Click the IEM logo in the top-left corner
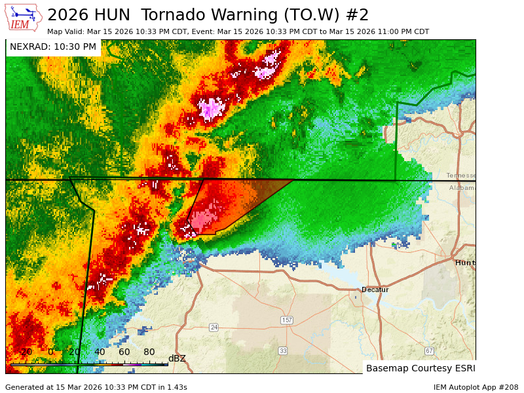tap(24, 17)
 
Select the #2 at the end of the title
tap(358, 15)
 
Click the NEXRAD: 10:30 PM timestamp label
tap(53, 47)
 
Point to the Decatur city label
tap(375, 290)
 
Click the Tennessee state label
tap(460, 176)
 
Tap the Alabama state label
tap(462, 188)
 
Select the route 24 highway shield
tap(214, 327)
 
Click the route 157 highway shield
tap(286, 320)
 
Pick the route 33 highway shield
tap(282, 350)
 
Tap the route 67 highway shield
tap(429, 350)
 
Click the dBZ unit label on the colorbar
tap(177, 358)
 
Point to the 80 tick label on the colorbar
tap(149, 352)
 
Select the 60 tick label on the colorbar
tap(124, 352)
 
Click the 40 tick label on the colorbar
tap(100, 352)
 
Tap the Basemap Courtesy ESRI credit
tap(420, 368)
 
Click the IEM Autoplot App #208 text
tap(476, 387)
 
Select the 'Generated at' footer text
tap(96, 387)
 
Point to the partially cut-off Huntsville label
tap(465, 263)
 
